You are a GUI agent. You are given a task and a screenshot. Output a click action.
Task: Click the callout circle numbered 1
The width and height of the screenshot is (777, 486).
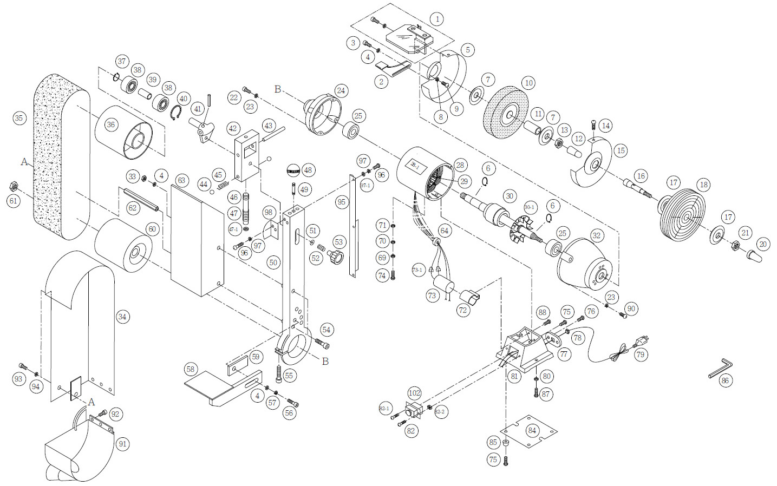click(437, 19)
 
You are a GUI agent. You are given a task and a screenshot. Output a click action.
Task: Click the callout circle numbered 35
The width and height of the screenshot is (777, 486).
click(19, 118)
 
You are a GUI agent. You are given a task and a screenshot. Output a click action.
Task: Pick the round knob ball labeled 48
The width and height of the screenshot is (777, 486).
click(292, 170)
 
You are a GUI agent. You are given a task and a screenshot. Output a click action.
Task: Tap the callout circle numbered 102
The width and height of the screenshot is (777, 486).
click(414, 393)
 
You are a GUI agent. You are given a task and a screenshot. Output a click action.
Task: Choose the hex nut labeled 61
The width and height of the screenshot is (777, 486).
click(14, 187)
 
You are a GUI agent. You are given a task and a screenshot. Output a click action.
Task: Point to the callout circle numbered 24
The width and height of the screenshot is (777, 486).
click(341, 90)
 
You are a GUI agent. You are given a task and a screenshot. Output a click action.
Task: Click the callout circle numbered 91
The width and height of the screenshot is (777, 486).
click(122, 444)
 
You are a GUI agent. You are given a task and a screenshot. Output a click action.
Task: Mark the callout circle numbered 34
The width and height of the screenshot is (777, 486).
click(122, 317)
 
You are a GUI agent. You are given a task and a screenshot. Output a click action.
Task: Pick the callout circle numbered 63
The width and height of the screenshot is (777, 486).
click(181, 180)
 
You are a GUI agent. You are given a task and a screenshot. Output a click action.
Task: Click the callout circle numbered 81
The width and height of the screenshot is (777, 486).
click(514, 376)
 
